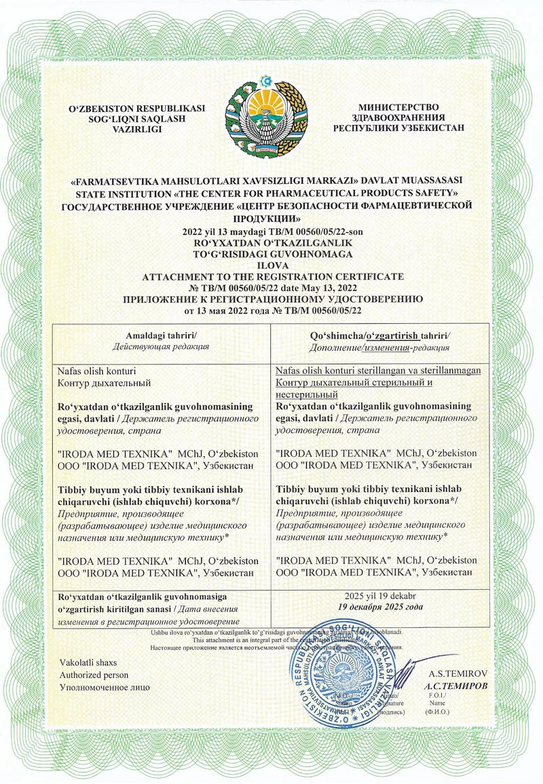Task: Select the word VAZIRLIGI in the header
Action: (137, 129)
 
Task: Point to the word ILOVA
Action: (271, 267)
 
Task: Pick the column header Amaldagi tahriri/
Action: (161, 336)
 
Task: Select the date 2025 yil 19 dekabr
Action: (380, 595)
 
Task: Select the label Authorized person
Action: (94, 675)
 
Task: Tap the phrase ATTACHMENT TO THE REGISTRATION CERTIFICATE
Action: (271, 277)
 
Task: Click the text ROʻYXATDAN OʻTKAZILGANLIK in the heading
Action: (271, 242)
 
